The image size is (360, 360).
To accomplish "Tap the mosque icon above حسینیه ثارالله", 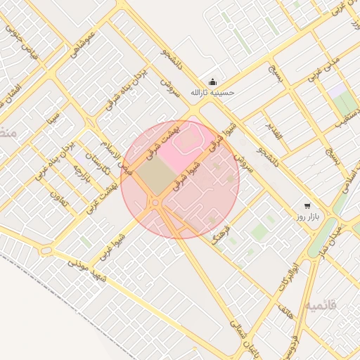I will click(213, 82).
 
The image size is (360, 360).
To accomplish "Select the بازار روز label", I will click(309, 217).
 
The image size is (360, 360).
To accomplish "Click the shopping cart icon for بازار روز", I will click(308, 206).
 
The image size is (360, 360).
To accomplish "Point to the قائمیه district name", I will click(321, 306).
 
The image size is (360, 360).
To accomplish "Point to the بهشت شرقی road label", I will click(162, 141).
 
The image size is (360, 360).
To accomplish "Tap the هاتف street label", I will click(283, 311).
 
